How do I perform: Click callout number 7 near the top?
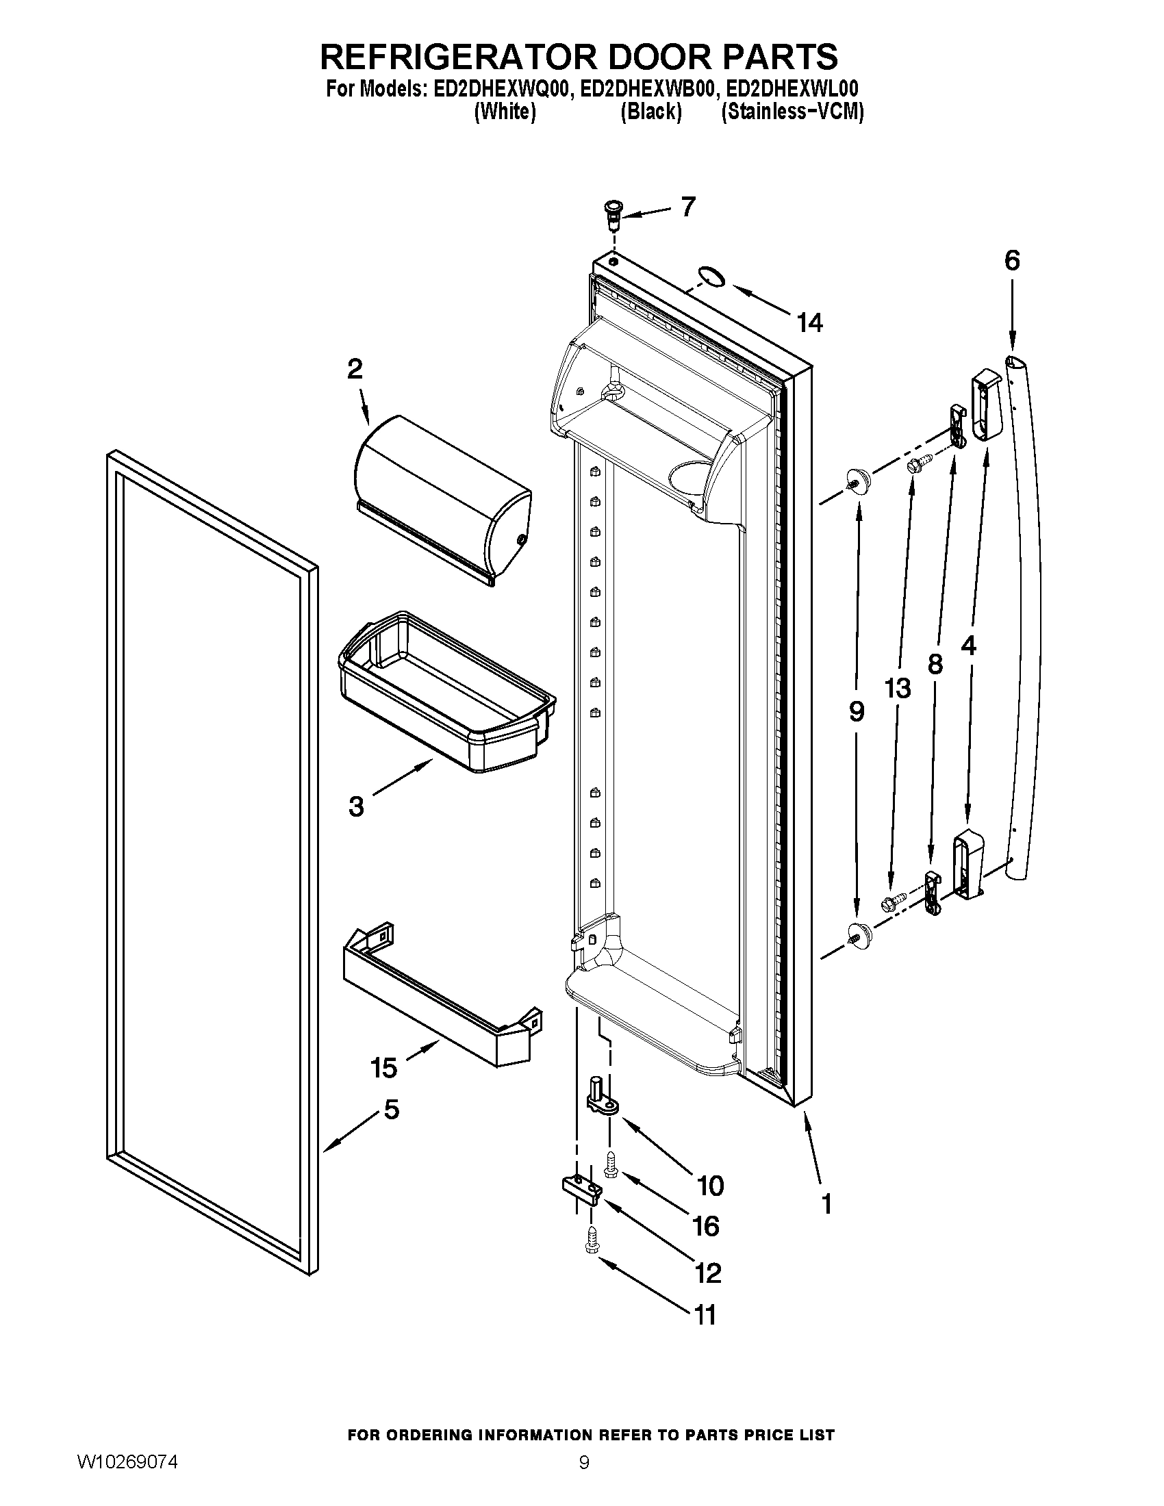point(687,206)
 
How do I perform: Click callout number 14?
point(809,322)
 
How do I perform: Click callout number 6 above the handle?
point(1011,261)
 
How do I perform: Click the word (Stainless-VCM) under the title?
point(792,112)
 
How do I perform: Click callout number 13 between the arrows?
point(898,687)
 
